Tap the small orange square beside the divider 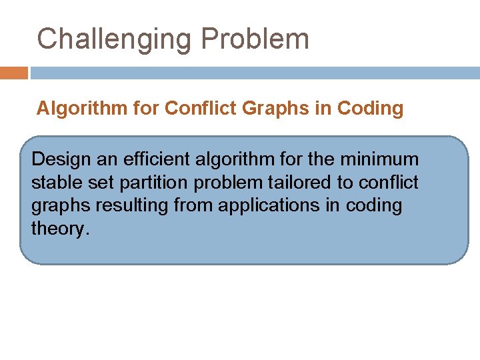coord(14,73)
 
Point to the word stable coord(55,183)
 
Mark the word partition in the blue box coord(147,183)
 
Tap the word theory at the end coord(59,228)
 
